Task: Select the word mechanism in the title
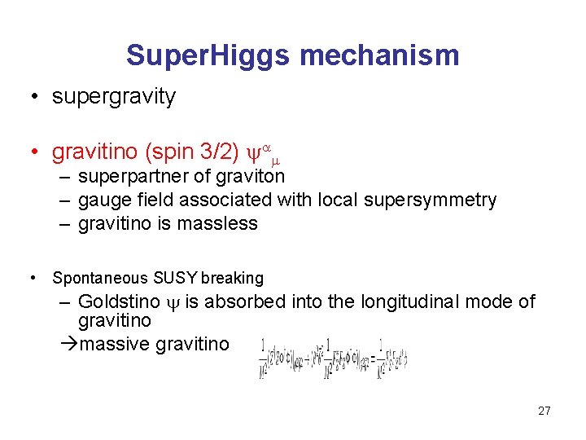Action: pos(379,55)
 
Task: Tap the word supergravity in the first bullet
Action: pos(113,96)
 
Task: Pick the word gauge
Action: pos(101,200)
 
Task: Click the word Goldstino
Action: pos(119,302)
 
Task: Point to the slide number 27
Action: pos(544,411)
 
